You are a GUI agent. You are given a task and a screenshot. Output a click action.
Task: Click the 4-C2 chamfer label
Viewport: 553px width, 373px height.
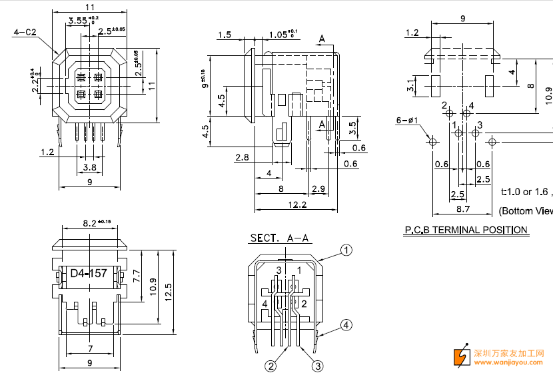coord(25,32)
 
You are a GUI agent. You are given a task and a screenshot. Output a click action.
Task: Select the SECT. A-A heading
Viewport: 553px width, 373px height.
coord(280,238)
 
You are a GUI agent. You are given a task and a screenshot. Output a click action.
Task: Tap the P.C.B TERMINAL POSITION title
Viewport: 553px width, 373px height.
coord(466,230)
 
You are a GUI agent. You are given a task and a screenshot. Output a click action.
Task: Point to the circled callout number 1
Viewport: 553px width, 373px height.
coord(346,250)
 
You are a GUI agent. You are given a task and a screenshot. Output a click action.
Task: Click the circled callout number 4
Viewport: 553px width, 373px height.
coord(346,325)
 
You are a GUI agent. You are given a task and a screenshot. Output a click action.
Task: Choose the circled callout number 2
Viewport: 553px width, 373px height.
coord(271,365)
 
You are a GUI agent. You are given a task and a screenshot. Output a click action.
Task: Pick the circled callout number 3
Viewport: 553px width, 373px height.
coord(317,365)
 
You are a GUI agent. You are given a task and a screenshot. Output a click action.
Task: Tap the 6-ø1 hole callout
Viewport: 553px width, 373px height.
coord(406,121)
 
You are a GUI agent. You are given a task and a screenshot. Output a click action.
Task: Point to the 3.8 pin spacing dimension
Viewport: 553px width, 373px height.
coord(89,167)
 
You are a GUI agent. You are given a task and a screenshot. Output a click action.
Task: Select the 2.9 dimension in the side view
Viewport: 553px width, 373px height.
coord(318,189)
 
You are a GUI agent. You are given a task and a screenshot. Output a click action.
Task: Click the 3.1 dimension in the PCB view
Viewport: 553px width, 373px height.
coord(412,85)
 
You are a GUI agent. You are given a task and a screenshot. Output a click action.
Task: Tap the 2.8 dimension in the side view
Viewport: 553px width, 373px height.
coord(243,157)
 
